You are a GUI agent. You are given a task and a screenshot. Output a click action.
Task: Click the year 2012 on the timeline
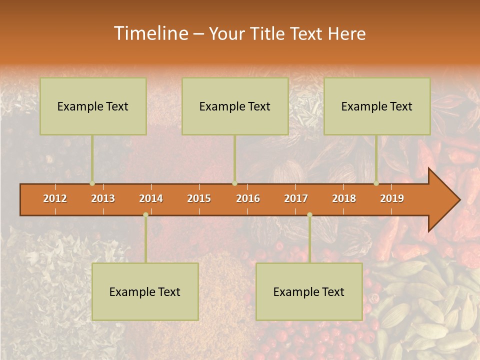point(55,198)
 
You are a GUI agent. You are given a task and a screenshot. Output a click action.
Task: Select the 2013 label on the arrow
point(103,198)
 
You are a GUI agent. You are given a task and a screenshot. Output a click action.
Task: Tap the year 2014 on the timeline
point(151,198)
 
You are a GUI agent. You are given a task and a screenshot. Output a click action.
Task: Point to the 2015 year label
point(199,198)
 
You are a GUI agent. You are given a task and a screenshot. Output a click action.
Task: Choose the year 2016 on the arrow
point(248,198)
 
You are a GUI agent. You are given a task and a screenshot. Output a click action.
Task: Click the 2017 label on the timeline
point(296,198)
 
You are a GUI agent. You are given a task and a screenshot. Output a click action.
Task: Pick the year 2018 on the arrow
point(344,198)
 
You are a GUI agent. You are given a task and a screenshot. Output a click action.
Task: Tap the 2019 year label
point(392,198)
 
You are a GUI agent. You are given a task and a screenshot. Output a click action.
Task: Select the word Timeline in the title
point(150,33)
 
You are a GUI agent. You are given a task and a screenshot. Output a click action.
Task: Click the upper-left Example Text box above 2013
point(93,106)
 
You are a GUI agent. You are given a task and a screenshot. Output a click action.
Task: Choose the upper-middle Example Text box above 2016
point(235,106)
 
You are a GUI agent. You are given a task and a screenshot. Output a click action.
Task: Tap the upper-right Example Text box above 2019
point(377,106)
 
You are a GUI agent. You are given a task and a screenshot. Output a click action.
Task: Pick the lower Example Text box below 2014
point(145,291)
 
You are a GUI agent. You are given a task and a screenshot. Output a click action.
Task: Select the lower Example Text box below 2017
point(309,291)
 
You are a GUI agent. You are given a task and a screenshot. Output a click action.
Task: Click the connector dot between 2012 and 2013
point(92,183)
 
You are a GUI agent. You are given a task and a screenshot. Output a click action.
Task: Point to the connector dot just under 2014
point(145,215)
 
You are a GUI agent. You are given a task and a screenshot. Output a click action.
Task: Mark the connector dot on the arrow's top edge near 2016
point(234,183)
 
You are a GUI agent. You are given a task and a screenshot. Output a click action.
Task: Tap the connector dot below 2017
point(309,215)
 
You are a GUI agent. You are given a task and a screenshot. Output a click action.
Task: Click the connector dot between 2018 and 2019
point(376,183)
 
